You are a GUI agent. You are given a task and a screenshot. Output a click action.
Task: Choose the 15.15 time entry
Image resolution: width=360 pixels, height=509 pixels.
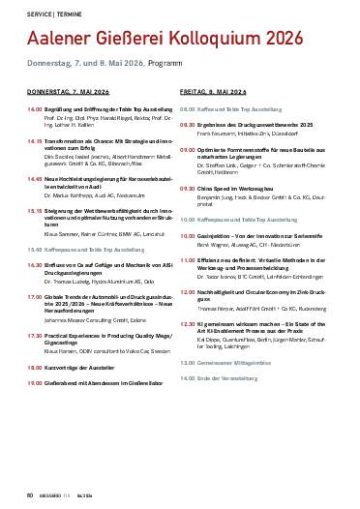coord(34,208)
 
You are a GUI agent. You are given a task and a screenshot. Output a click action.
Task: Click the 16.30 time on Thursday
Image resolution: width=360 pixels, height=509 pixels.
coord(34,263)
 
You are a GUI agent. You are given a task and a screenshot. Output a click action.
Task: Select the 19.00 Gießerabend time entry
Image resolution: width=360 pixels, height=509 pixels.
coord(34,369)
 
